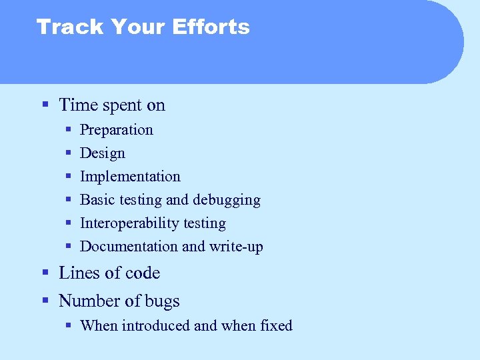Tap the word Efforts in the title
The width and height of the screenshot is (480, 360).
(x=211, y=27)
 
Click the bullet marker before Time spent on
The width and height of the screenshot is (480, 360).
(x=45, y=105)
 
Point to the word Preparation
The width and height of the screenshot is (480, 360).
(x=116, y=130)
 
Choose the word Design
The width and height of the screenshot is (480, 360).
(x=102, y=153)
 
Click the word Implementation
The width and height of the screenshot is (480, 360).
(x=130, y=177)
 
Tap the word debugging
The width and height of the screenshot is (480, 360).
(x=226, y=200)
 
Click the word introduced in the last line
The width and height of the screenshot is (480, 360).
(x=157, y=326)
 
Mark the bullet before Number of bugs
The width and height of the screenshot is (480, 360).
(x=45, y=301)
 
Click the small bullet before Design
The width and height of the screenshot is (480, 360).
(x=69, y=153)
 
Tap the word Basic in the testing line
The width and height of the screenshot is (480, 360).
(x=97, y=200)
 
